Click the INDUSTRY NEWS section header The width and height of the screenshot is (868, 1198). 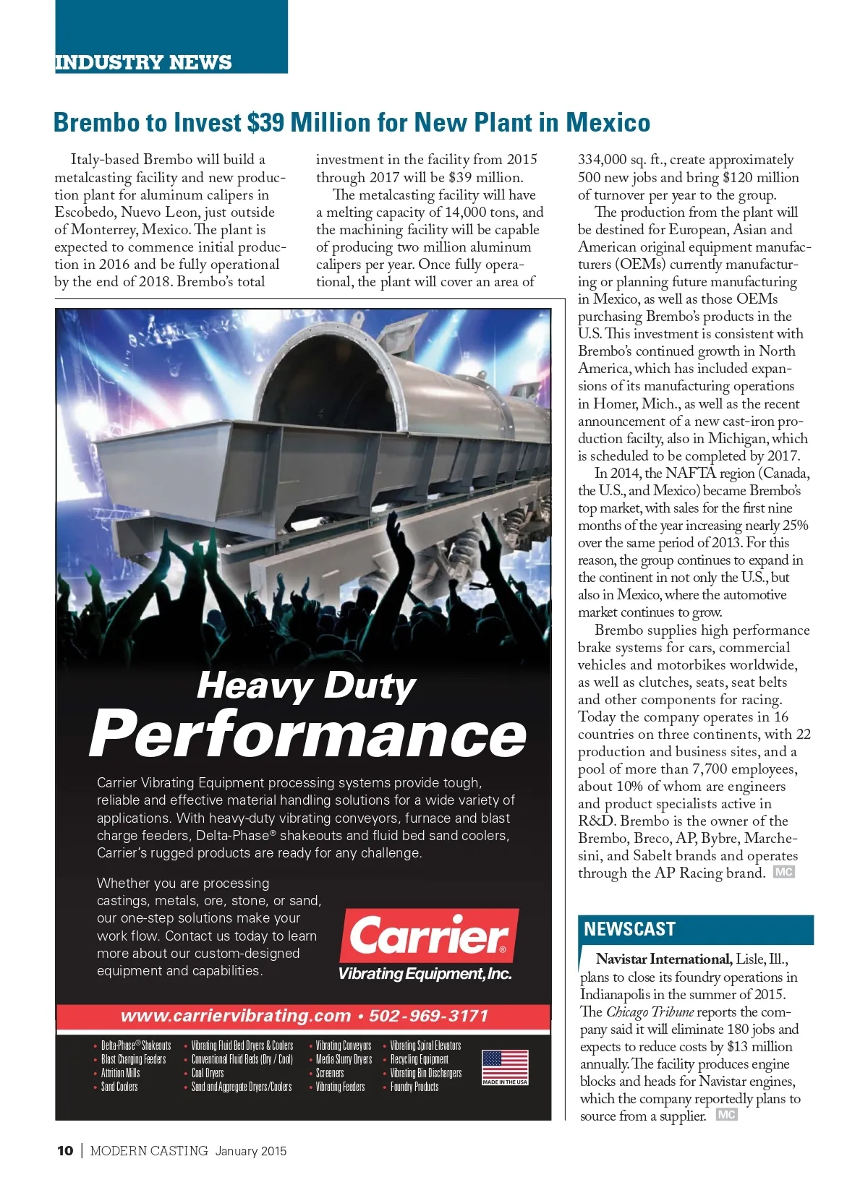pos(143,62)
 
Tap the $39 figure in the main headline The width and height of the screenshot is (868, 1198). pos(265,122)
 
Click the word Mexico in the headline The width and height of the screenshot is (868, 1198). pos(608,122)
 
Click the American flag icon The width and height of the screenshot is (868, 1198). pos(505,1066)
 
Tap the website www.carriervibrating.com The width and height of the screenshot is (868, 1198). pos(235,1016)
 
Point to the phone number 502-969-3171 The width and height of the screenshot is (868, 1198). pos(428,1016)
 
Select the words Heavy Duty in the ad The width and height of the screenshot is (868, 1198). pos(306,685)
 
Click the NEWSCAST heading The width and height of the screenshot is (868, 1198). pos(629,929)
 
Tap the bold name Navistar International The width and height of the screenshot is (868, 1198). pos(663,959)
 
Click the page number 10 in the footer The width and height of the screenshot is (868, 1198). pos(65,1151)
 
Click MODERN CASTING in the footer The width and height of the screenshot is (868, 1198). pos(149,1151)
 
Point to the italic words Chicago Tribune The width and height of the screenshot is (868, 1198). pos(650,1011)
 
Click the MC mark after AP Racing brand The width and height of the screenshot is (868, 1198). pos(783,872)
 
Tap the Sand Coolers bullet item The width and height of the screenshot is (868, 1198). pos(119,1087)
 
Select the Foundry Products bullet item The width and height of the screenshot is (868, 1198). pos(414,1087)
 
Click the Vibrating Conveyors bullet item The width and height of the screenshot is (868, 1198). pos(343,1045)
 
